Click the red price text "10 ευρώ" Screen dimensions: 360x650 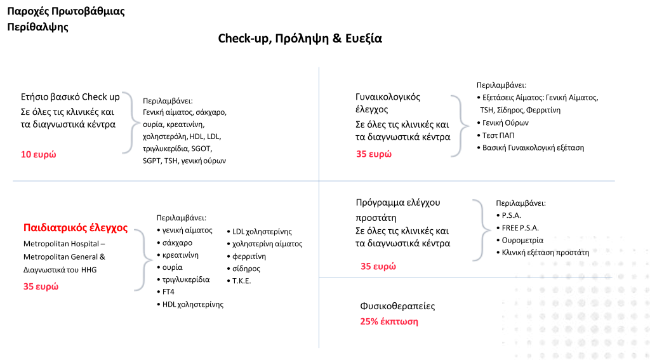point(39,154)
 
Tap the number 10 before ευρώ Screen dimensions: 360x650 point(26,154)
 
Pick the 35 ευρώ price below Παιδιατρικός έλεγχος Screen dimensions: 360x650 point(41,286)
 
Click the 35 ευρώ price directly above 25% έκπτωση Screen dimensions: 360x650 point(378,267)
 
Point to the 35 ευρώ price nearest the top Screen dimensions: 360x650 point(374,154)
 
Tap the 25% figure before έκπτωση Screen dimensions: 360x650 point(369,322)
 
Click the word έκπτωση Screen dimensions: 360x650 point(399,322)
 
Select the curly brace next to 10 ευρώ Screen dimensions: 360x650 point(131,123)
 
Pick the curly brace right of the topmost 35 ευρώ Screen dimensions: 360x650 point(460,126)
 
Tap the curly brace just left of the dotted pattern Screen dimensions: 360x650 point(482,230)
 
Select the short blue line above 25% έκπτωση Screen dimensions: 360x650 point(413,277)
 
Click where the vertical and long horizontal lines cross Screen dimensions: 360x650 point(319,181)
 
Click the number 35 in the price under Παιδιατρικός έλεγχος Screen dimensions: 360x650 point(28,286)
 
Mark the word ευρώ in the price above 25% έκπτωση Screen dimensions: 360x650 point(385,267)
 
